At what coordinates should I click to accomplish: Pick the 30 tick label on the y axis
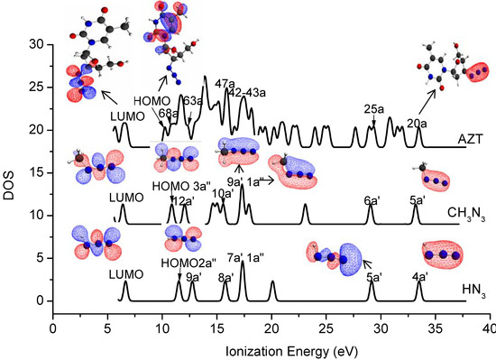point(36,44)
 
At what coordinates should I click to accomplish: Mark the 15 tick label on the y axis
point(36,172)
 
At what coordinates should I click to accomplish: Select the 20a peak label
point(417,123)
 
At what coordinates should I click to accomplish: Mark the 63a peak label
point(192,102)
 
